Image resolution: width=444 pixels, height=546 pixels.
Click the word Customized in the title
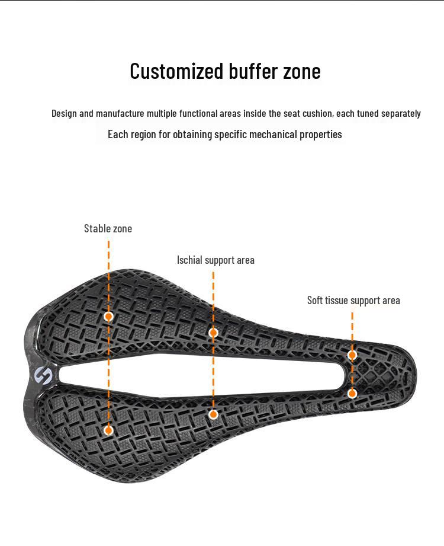coord(176,71)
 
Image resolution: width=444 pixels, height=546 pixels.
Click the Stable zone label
coord(108,228)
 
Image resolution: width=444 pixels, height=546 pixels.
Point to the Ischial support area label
coord(215,260)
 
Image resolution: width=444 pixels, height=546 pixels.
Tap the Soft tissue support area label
coord(353,300)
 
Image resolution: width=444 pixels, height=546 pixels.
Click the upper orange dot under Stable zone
coord(108,316)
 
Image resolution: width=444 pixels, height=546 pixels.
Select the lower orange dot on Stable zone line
coord(108,430)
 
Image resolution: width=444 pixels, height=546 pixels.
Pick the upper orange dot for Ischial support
coord(214,333)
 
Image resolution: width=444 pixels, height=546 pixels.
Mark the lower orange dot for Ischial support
coord(214,414)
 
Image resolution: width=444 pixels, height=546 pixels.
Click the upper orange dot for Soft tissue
coord(352,355)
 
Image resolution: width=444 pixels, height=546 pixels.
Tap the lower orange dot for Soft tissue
coord(352,394)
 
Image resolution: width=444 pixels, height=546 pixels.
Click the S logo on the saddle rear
coord(43,375)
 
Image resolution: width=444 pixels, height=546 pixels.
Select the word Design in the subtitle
coord(64,113)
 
